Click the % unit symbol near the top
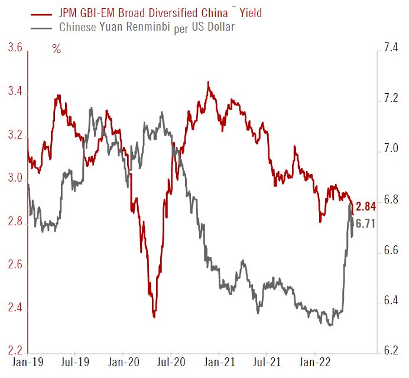point(57,50)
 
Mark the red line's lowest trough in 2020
point(154,317)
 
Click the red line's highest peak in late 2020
point(209,83)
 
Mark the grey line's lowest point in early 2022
point(329,325)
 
